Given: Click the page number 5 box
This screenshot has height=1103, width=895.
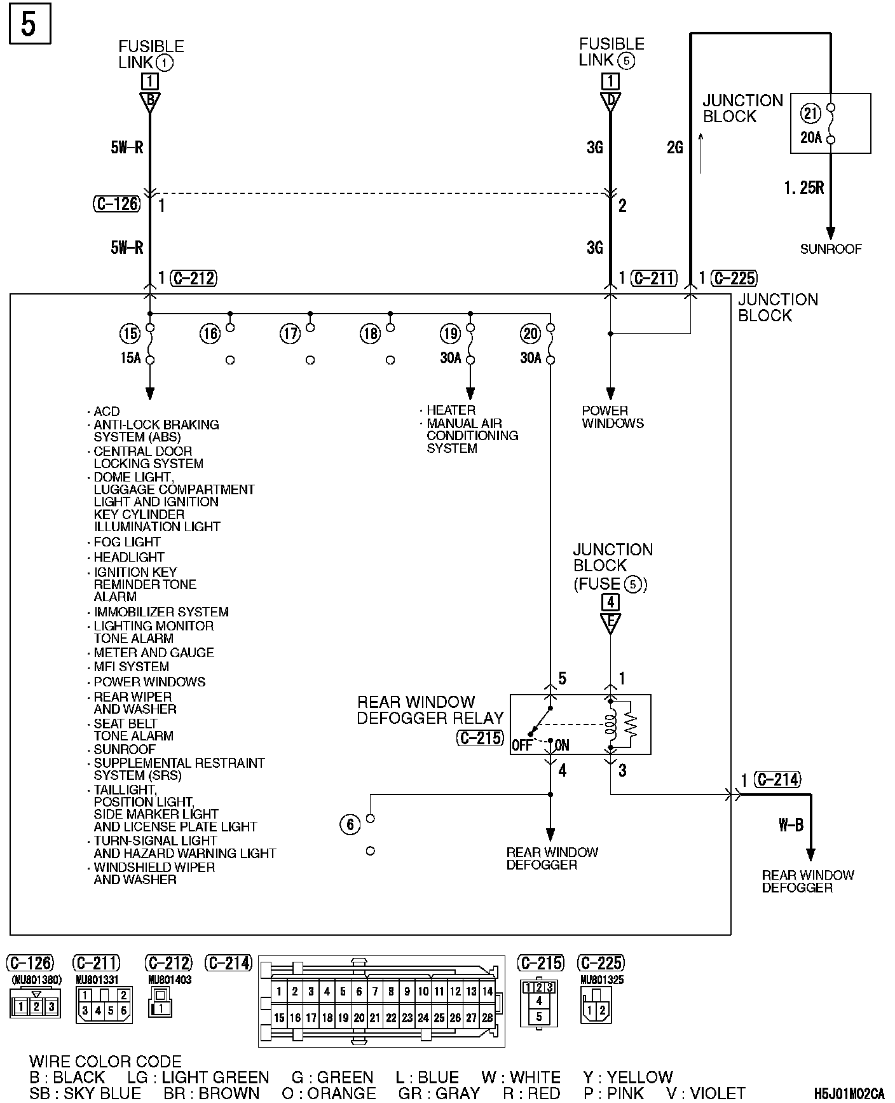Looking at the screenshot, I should [30, 25].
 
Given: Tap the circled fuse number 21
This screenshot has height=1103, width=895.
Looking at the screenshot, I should [811, 113].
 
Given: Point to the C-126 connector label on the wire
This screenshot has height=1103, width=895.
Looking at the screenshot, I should [116, 204].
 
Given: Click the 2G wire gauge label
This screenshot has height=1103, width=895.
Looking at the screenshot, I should [675, 148].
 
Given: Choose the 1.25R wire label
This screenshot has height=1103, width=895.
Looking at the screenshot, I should [803, 188].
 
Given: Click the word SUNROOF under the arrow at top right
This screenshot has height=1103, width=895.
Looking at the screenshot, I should [830, 249].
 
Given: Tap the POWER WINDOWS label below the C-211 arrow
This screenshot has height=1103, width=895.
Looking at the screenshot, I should [613, 417].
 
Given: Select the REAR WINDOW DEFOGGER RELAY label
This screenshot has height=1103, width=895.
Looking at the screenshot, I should [430, 710].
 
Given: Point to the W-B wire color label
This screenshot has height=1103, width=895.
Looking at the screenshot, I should [791, 825].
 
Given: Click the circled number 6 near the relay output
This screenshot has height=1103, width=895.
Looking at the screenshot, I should [350, 825].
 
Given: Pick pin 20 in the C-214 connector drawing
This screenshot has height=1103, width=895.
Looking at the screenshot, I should [359, 1018].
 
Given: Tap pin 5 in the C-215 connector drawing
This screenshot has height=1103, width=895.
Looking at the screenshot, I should [539, 1016].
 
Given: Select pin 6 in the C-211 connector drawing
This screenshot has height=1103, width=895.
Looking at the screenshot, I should [124, 1010].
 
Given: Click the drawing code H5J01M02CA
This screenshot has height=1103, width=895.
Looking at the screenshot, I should [849, 1094].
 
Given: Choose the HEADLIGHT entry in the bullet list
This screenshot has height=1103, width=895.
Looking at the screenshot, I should [129, 557].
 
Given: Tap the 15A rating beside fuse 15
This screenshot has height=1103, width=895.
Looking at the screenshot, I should [130, 358].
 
